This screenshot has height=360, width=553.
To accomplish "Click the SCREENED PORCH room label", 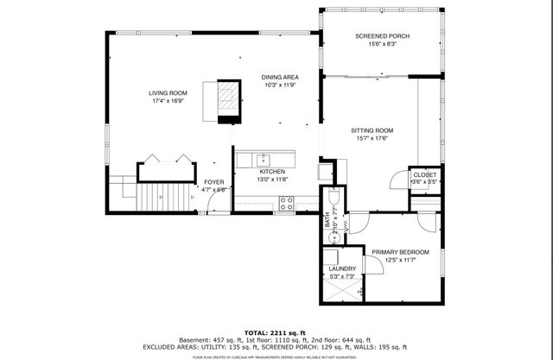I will pyautogui.click(x=382, y=35).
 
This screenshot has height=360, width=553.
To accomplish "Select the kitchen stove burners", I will pyautogui.click(x=287, y=204).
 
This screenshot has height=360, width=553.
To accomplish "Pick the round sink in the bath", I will pyautogui.click(x=327, y=235).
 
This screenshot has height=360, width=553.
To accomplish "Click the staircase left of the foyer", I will pyautogui.click(x=156, y=196).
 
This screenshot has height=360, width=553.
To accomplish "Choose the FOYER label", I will pyautogui.click(x=213, y=182).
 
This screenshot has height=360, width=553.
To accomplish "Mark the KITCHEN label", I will pyautogui.click(x=272, y=172).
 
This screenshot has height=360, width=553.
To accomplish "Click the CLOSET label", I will pyautogui.click(x=423, y=174).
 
